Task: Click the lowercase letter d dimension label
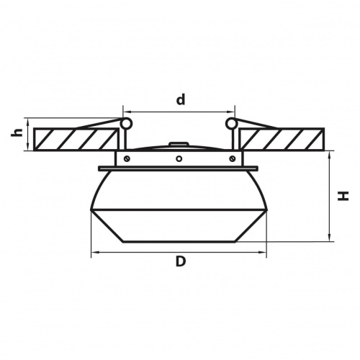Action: [x=181, y=99]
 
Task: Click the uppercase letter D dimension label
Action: [x=181, y=261]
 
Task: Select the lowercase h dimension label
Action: [x=17, y=132]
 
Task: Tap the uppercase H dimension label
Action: [x=343, y=196]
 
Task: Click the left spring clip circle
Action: [x=126, y=123]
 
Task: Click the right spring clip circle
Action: [x=231, y=123]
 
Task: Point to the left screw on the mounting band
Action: [x=127, y=158]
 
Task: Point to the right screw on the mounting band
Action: [x=232, y=158]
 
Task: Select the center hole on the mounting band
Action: [x=179, y=158]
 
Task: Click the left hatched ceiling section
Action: [x=76, y=139]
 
